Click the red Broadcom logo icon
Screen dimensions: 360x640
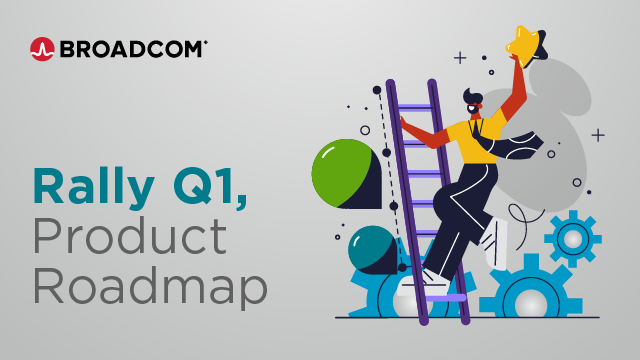coord(42,49)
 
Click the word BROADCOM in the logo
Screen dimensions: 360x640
coord(132,49)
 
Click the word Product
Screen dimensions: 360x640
coord(129,237)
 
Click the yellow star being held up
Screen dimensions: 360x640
coord(524,43)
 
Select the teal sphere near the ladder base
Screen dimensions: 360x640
coord(370,247)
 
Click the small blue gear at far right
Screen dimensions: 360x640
coord(573,238)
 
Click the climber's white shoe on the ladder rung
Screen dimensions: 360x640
coord(432,279)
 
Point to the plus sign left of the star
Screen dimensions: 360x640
coord(460,58)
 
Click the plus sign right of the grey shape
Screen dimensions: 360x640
coord(598,134)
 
